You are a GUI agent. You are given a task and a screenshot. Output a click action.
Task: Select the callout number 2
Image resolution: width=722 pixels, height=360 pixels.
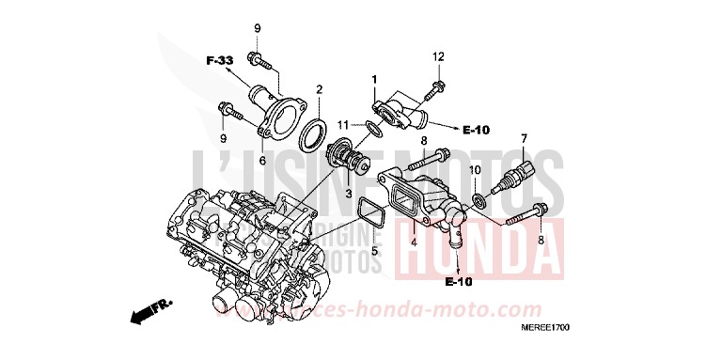click(319, 89)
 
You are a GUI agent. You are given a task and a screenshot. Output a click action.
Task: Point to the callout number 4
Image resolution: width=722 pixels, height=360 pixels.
click(413, 241)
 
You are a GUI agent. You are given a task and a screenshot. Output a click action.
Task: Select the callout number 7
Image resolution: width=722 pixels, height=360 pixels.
click(524, 138)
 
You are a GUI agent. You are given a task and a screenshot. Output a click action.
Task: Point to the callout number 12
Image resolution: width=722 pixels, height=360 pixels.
click(437, 57)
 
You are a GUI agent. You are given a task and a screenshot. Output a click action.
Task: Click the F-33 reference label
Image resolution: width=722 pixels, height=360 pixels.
click(219, 61)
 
